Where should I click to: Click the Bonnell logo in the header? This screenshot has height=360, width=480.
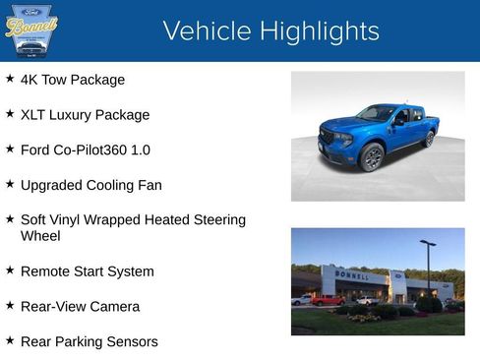pos(31,30)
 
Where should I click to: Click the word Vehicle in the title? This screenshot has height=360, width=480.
pos(206,31)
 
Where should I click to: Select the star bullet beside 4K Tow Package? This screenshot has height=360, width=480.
pos(10,79)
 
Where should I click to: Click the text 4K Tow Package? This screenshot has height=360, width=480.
pos(73,80)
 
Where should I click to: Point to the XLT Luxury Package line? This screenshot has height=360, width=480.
pos(85,115)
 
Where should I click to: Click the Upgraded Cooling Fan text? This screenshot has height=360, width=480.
pos(90,185)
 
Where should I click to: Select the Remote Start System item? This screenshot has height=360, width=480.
pos(87,271)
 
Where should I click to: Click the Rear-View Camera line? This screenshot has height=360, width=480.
pos(80,307)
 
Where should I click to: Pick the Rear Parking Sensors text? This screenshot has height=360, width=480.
pos(89,342)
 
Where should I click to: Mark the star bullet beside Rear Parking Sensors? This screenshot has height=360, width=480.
pos(10,341)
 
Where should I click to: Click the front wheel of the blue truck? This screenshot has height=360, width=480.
pos(372,156)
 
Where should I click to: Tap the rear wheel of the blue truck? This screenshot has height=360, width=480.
pos(428,139)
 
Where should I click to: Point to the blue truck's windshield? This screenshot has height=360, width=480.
pos(376,114)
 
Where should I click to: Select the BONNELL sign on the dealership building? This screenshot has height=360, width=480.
pos(353,276)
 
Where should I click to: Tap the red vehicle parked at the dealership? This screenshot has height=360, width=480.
pos(328,300)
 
